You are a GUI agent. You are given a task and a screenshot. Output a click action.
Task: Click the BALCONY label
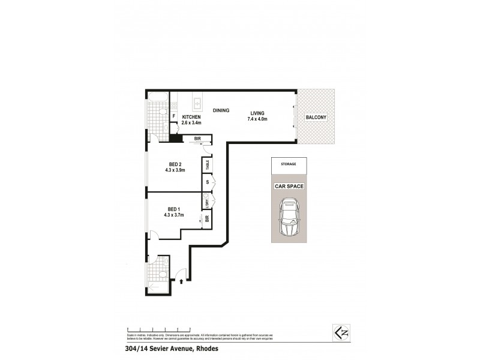tap(316, 118)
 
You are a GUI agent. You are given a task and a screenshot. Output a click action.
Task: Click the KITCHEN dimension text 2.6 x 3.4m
tap(192, 123)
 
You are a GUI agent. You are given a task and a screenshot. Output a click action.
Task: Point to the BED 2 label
tap(175, 164)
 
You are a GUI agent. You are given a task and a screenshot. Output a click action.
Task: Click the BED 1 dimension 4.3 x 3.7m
tap(174, 215)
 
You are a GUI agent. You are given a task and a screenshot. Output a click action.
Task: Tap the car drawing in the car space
tap(288, 218)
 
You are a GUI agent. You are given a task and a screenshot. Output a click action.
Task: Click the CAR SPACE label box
tap(289, 186)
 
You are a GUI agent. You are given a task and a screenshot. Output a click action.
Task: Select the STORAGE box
tap(289, 163)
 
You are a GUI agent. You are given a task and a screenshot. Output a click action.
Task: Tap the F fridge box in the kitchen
tap(174, 116)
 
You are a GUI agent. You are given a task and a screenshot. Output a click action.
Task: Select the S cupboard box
tap(207, 182)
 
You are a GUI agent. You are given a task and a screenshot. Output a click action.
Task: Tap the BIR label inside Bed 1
tap(207, 218)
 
